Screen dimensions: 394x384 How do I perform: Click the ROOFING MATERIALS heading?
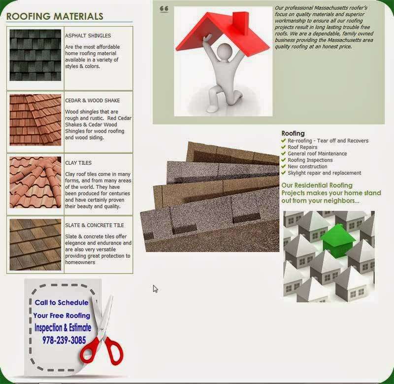coord(55,16)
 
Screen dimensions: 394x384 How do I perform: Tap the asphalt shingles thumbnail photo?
coord(35,55)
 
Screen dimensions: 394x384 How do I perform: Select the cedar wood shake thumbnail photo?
coord(35,120)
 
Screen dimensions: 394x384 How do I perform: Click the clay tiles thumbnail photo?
coord(35,182)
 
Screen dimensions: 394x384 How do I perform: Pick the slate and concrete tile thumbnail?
coord(35,244)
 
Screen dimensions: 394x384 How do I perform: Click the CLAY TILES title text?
coord(78,163)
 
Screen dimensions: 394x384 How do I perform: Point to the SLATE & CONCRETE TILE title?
coord(95,225)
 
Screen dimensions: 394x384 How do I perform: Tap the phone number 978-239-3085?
coord(64,340)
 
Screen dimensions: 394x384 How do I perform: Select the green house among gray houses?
coord(337,241)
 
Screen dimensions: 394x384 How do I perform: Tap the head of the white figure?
coord(225,52)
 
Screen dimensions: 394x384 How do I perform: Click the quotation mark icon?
coord(164,9)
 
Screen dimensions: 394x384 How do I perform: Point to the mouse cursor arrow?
coord(155,289)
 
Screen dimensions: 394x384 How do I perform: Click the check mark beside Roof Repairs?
coord(284,147)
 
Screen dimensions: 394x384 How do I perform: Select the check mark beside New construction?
coord(284,166)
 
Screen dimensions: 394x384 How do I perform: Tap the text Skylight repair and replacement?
coord(324,173)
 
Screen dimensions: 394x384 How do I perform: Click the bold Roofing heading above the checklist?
coord(293,133)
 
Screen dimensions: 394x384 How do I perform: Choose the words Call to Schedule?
coord(62,302)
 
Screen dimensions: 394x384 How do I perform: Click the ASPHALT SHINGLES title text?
coord(88,35)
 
